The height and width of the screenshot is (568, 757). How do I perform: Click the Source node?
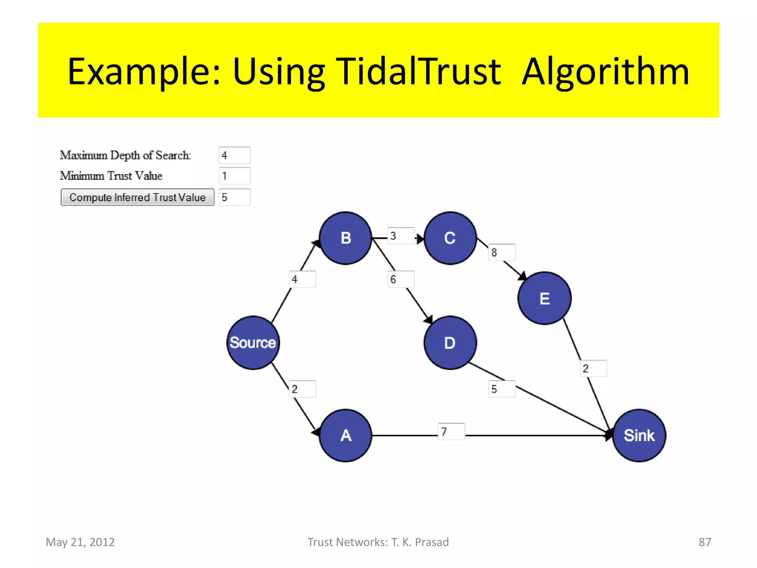[x=253, y=342]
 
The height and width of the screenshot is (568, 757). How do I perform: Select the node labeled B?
[x=346, y=238]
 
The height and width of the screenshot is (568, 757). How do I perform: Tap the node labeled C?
[x=450, y=238]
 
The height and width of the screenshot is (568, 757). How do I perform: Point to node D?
[x=450, y=342]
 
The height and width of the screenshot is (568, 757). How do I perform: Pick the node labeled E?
[x=544, y=298]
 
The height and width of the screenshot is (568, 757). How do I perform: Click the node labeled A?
[x=346, y=435]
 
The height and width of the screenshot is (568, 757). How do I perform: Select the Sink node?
[x=639, y=435]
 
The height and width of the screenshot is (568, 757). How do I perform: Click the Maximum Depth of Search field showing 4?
[x=234, y=155]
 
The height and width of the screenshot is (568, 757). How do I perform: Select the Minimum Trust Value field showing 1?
[x=234, y=176]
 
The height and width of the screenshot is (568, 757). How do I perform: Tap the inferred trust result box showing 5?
[x=234, y=197]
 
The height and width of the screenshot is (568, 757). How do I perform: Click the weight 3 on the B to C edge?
[x=401, y=236]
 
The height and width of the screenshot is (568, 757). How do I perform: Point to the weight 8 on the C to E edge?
[x=501, y=253]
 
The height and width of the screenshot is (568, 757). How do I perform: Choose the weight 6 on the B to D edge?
[x=401, y=279]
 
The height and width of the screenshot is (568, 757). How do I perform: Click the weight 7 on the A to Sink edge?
[x=451, y=432]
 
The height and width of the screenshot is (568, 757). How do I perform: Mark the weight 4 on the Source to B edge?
[x=302, y=279]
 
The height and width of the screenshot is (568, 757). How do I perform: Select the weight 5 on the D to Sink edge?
[x=501, y=389]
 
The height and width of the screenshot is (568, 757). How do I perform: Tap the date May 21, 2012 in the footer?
[x=80, y=542]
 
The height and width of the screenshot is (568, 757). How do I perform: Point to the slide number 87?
[x=705, y=542]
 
